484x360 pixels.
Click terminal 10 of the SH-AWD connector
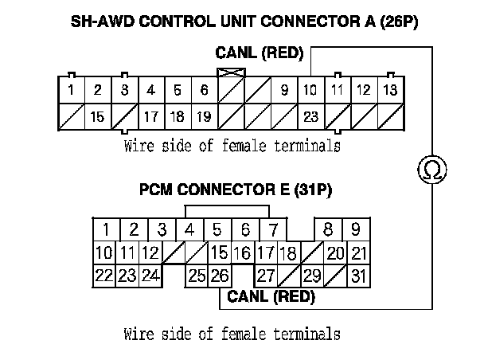(x=310, y=90)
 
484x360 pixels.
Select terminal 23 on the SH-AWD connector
(x=310, y=116)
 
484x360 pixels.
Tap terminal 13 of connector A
(x=389, y=90)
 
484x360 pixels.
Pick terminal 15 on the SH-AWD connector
(x=97, y=116)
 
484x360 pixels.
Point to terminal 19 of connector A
(x=204, y=116)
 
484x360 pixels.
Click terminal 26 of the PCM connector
(x=221, y=276)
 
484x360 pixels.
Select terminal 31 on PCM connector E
(x=358, y=276)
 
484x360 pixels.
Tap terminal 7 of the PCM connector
(x=273, y=230)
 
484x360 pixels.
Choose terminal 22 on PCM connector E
(x=103, y=276)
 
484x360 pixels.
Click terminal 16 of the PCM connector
(x=242, y=253)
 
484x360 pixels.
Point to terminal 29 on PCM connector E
(x=311, y=276)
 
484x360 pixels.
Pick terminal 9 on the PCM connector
(x=355, y=230)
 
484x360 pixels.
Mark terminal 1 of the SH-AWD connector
(x=71, y=90)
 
